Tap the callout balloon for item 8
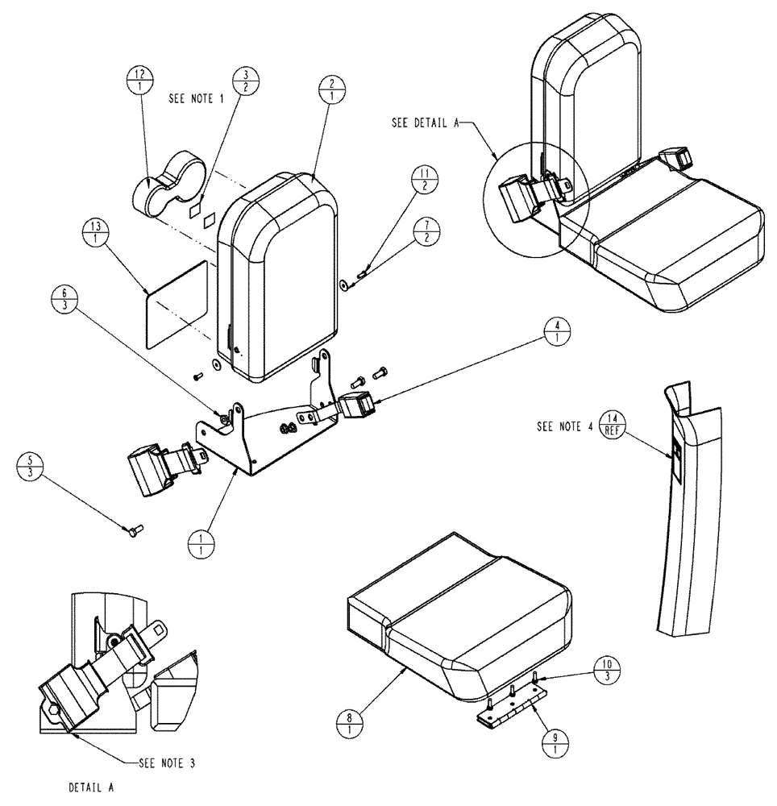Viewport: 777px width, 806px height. pyautogui.click(x=349, y=719)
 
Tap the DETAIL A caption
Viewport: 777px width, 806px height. pyautogui.click(x=91, y=787)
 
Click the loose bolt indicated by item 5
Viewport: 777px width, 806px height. pyautogui.click(x=134, y=530)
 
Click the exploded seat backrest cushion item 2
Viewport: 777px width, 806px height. pyautogui.click(x=278, y=274)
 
